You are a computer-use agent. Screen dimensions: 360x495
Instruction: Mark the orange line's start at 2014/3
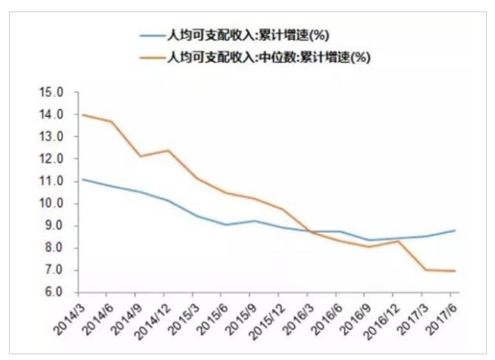pyautogui.click(x=82, y=115)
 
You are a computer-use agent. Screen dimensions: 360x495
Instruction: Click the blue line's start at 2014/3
pyautogui.click(x=82, y=180)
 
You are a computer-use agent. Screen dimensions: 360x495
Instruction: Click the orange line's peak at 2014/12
pyautogui.click(x=168, y=150)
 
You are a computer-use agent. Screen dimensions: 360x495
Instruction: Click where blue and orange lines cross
pyautogui.click(x=311, y=232)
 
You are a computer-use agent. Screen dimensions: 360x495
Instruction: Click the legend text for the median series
pyautogui.click(x=268, y=58)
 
